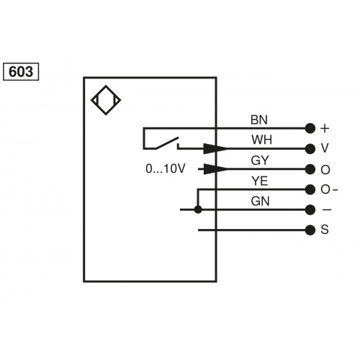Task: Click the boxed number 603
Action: [23, 72]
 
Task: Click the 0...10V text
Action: [166, 170]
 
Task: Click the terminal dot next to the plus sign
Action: [310, 129]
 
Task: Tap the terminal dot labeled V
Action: [310, 149]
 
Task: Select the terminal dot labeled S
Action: [310, 230]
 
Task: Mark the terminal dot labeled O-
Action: [310, 190]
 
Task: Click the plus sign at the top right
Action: [325, 129]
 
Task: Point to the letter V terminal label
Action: [325, 149]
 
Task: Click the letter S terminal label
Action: [325, 230]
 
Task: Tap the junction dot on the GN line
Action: [198, 210]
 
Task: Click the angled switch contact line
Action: [164, 144]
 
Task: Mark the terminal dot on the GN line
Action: [310, 210]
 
